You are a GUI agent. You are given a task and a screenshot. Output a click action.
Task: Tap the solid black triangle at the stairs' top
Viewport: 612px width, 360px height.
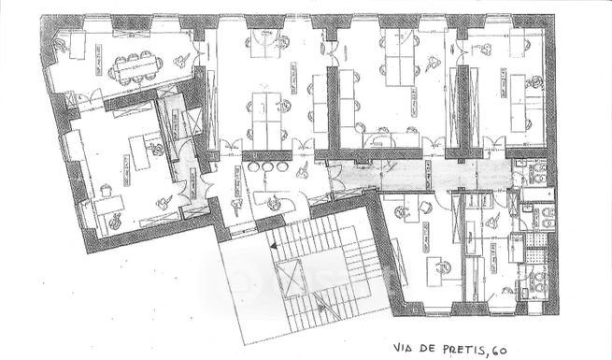tap(272, 244)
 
